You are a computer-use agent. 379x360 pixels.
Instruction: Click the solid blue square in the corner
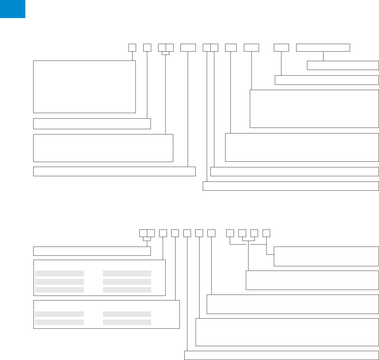(12, 9)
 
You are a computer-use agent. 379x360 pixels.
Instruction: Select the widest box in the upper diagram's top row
(323, 47)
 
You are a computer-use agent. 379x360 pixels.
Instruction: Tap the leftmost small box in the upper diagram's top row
(132, 47)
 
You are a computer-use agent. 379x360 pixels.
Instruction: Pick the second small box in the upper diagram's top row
(147, 47)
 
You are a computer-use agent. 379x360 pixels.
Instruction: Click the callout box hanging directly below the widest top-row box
(343, 65)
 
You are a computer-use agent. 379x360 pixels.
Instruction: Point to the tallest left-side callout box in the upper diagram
(84, 86)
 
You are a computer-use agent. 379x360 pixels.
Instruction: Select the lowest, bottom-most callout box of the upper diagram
(291, 186)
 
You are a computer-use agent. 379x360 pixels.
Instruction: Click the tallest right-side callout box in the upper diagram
(314, 108)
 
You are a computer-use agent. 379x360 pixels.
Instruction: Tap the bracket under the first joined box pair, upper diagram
(166, 53)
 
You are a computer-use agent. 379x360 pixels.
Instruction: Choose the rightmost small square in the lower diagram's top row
(266, 233)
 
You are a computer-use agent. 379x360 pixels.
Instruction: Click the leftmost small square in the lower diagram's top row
(143, 233)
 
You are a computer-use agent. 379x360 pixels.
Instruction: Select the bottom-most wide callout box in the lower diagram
(282, 355)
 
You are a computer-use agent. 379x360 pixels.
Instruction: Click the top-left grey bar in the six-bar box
(59, 274)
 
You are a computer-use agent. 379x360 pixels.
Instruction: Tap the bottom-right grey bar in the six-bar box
(127, 290)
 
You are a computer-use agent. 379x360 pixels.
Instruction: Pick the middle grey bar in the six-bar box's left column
(59, 282)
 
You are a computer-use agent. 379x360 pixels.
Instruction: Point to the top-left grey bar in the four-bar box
(59, 314)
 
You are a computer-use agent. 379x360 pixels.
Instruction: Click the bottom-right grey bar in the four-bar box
(127, 322)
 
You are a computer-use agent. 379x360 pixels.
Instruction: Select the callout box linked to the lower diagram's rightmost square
(326, 256)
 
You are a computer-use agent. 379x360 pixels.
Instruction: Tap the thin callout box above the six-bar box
(92, 251)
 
